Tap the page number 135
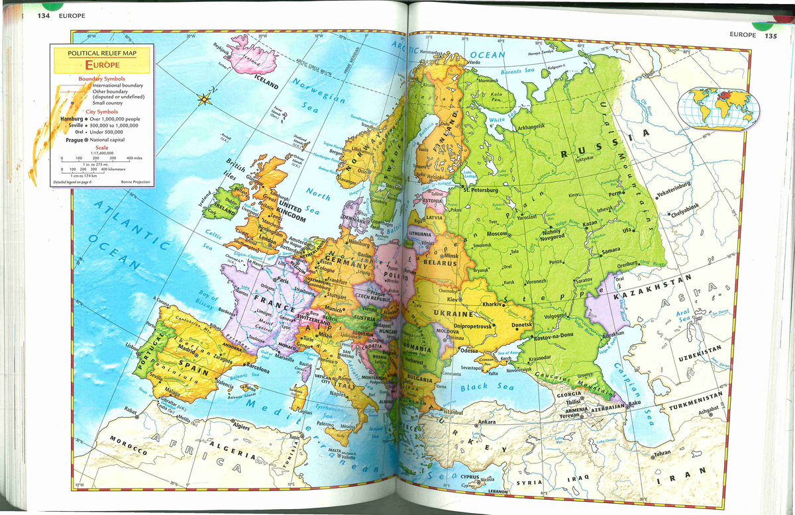[x=770, y=36]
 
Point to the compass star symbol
[x=203, y=100]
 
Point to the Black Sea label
[x=487, y=387]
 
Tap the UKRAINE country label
[x=453, y=313]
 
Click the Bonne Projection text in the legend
[x=136, y=181]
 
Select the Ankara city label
[x=486, y=422]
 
